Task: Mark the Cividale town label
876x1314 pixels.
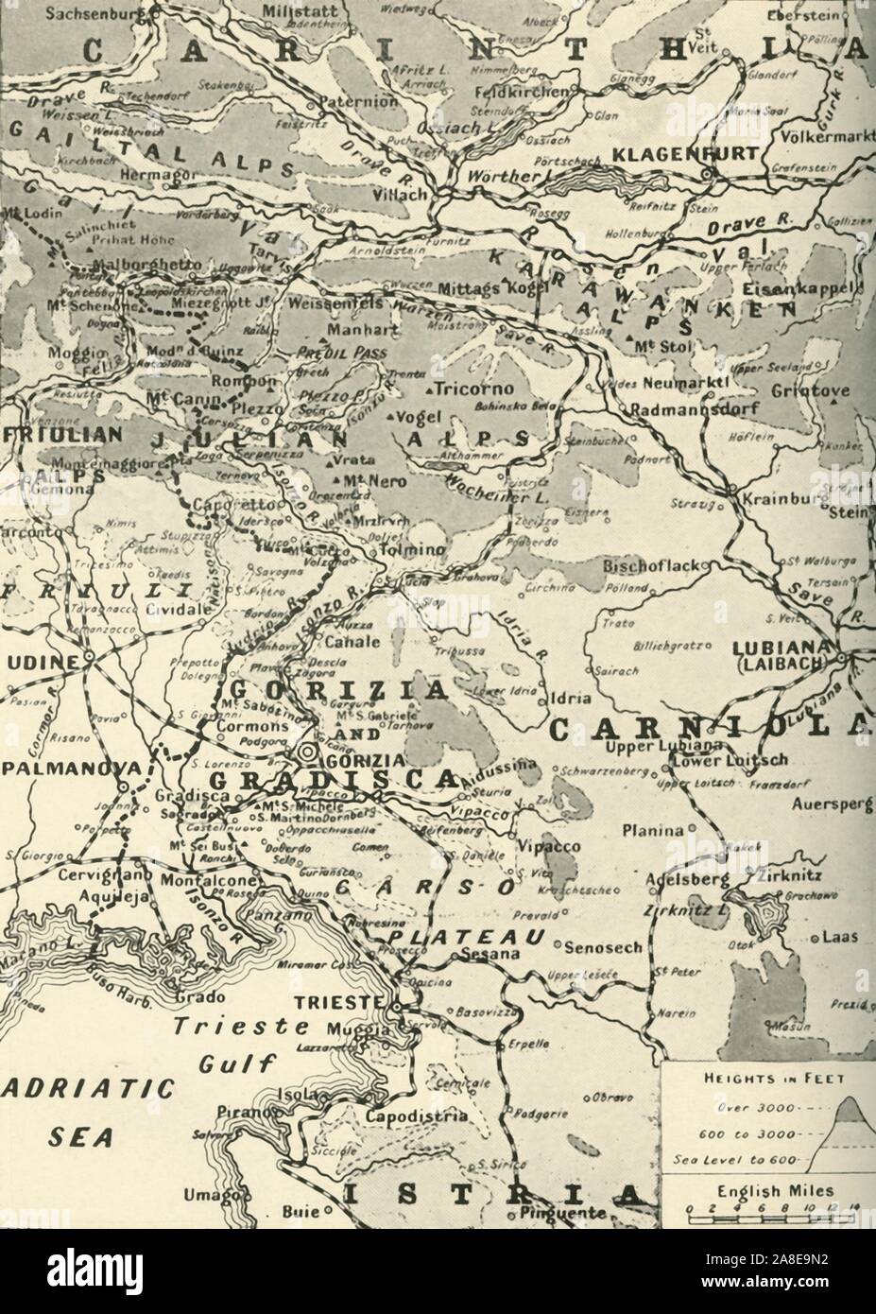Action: pos(175,609)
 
